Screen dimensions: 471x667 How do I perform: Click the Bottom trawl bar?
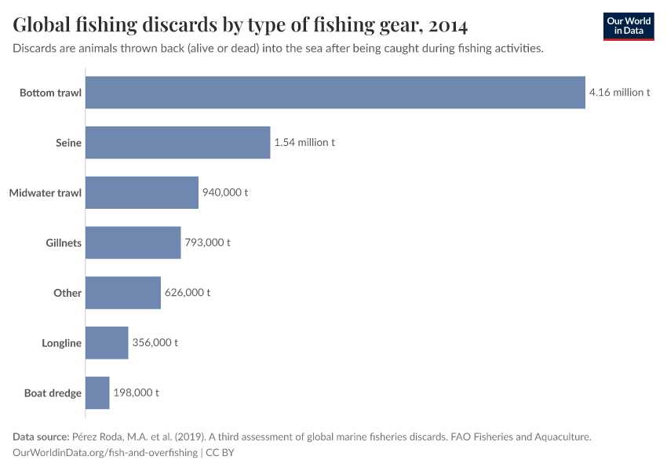(x=335, y=93)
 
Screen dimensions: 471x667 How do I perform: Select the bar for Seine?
(x=177, y=143)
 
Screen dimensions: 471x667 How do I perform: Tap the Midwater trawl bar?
(x=141, y=192)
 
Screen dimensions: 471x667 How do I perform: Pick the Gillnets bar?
(x=133, y=243)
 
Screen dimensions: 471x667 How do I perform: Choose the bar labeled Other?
(x=122, y=293)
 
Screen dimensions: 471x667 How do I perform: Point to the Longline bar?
(x=107, y=342)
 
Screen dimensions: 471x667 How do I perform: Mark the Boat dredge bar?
(x=97, y=392)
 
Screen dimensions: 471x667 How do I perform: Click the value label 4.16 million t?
(x=619, y=93)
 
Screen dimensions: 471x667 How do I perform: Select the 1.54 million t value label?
(x=304, y=143)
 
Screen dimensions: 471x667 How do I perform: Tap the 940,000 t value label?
(x=225, y=192)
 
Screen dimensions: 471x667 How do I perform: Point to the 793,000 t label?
(x=207, y=243)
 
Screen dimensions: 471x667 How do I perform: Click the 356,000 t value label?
(x=155, y=342)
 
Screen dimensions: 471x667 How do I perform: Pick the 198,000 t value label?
(x=136, y=392)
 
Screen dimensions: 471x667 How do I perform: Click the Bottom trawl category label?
(x=50, y=93)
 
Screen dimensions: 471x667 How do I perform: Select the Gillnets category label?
(x=64, y=243)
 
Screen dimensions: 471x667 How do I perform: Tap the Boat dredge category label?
(x=53, y=392)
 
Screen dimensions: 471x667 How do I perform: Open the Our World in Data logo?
(x=628, y=26)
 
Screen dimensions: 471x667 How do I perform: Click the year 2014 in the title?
(x=447, y=26)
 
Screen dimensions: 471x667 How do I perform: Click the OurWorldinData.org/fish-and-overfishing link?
(x=105, y=453)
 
